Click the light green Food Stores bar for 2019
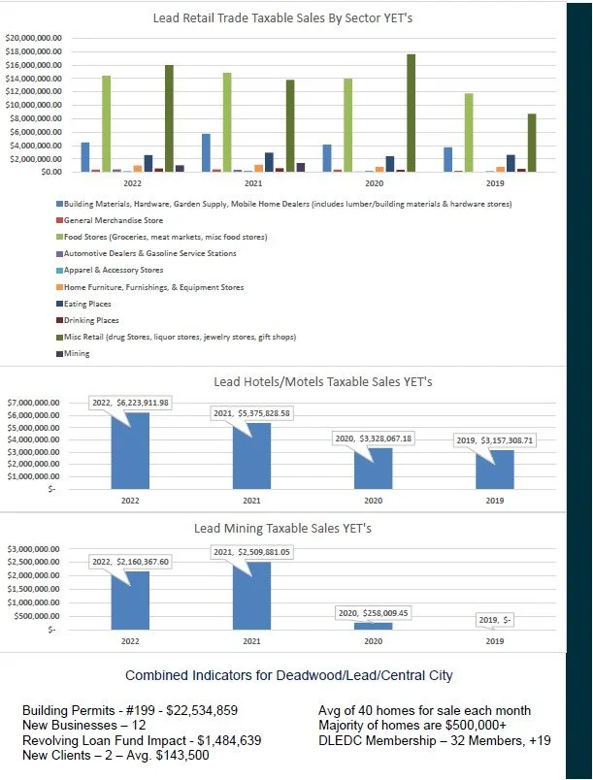coord(470,133)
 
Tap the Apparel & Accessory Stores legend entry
coord(114,271)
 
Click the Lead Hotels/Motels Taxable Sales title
coord(309,382)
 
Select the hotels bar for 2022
coord(131,451)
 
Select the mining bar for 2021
coord(251,596)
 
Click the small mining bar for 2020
coord(373,626)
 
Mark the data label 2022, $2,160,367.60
coord(130,562)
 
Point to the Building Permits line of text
coord(129,710)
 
